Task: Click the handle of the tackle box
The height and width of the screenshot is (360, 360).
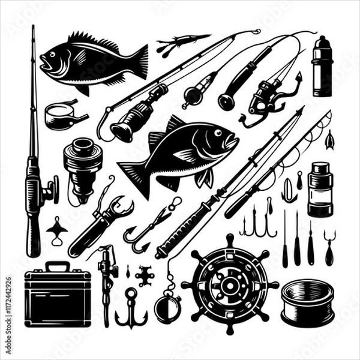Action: pos(57,266)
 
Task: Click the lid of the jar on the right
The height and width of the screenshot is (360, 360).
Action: pos(320,167)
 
